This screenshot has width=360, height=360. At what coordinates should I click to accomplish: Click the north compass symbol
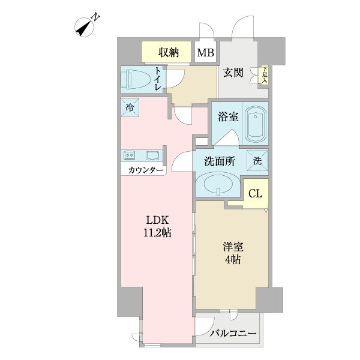point(86,26)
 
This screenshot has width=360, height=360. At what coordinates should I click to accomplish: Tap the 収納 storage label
point(169,52)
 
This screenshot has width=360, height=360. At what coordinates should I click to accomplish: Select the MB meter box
point(206,53)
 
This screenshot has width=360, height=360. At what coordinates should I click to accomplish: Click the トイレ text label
point(158,80)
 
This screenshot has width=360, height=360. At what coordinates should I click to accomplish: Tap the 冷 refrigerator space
point(131,108)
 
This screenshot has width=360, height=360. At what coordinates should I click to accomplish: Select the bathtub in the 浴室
point(256,122)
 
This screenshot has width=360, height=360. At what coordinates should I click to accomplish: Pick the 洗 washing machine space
point(257,161)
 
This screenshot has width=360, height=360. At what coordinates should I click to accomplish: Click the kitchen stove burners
point(130,156)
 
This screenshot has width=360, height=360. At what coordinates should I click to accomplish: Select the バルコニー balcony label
point(233,334)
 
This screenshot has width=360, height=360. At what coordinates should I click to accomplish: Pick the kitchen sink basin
point(151,156)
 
